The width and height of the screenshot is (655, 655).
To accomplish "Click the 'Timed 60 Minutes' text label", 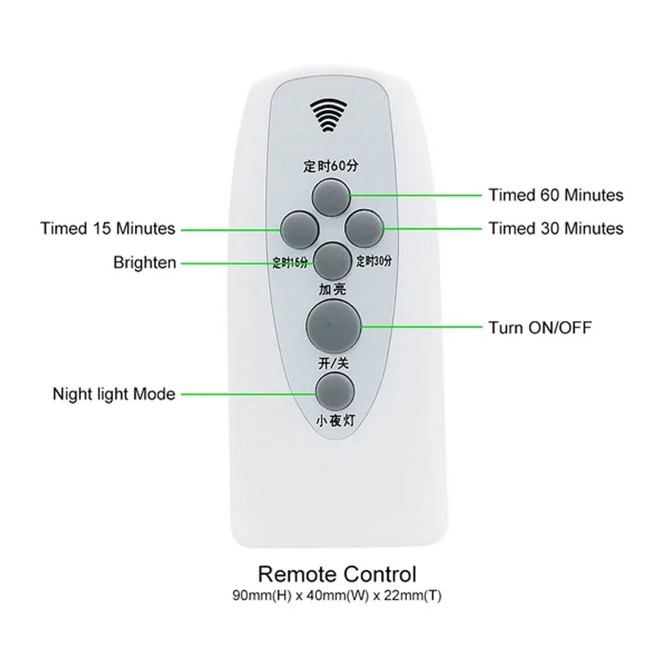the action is pyautogui.click(x=555, y=195).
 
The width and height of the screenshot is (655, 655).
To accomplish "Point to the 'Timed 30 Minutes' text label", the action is pyautogui.click(x=555, y=228).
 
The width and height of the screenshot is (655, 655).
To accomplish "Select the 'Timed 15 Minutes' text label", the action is pyautogui.click(x=108, y=228).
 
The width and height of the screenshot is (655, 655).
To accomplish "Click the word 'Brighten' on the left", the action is pyautogui.click(x=144, y=263).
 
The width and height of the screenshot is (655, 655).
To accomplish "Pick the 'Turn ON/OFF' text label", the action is pyautogui.click(x=540, y=328).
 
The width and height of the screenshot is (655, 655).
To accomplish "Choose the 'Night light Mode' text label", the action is pyautogui.click(x=114, y=394).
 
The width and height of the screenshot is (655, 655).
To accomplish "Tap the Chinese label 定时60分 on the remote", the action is pyautogui.click(x=332, y=167).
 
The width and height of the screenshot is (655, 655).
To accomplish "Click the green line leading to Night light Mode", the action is pyautogui.click(x=246, y=394).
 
